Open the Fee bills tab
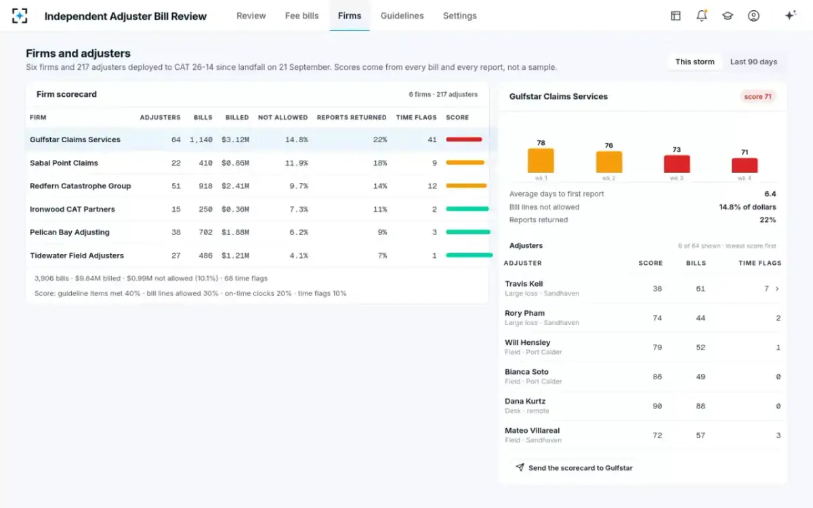tap(301, 16)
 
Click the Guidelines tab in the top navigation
tap(402, 16)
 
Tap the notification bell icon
tap(702, 16)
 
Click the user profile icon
tap(753, 16)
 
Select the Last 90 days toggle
tap(753, 62)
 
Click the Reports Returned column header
tap(352, 118)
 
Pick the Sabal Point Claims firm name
tap(64, 163)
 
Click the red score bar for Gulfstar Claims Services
tap(464, 140)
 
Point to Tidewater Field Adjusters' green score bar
tap(469, 255)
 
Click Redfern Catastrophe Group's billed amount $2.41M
tap(235, 186)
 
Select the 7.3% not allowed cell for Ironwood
tap(299, 209)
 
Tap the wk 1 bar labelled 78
tap(541, 161)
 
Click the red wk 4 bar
tap(745, 165)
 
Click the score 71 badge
tap(757, 96)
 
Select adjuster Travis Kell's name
tap(524, 284)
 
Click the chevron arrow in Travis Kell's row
tap(777, 289)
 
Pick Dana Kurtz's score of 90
tap(657, 406)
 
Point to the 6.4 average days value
tap(770, 194)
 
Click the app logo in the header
tap(20, 16)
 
